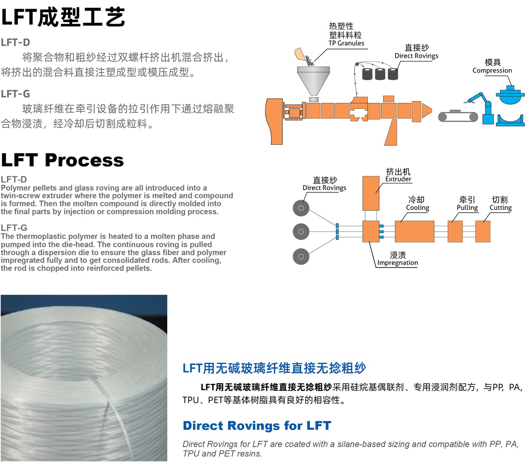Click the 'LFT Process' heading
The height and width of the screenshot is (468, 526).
[62, 161]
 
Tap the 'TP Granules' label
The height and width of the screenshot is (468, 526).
[346, 43]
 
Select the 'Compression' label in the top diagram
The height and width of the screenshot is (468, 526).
[492, 70]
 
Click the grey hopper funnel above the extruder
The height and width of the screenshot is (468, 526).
[313, 79]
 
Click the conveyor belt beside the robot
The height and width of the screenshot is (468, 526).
[458, 117]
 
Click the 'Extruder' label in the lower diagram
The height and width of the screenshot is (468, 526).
[398, 179]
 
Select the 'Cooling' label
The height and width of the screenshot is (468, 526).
[417, 207]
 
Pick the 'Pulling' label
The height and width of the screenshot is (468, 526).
[467, 207]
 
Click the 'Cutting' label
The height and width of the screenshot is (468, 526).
[500, 207]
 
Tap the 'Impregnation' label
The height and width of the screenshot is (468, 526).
[398, 263]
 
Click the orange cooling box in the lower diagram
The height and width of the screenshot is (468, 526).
[414, 231]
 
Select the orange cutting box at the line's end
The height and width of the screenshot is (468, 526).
[483, 231]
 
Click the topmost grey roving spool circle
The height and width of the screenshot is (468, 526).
[301, 208]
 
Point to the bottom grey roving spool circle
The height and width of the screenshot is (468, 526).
[301, 256]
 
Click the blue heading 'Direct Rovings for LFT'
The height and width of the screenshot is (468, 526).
[257, 426]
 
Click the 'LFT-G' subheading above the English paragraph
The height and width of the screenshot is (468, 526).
[14, 228]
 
